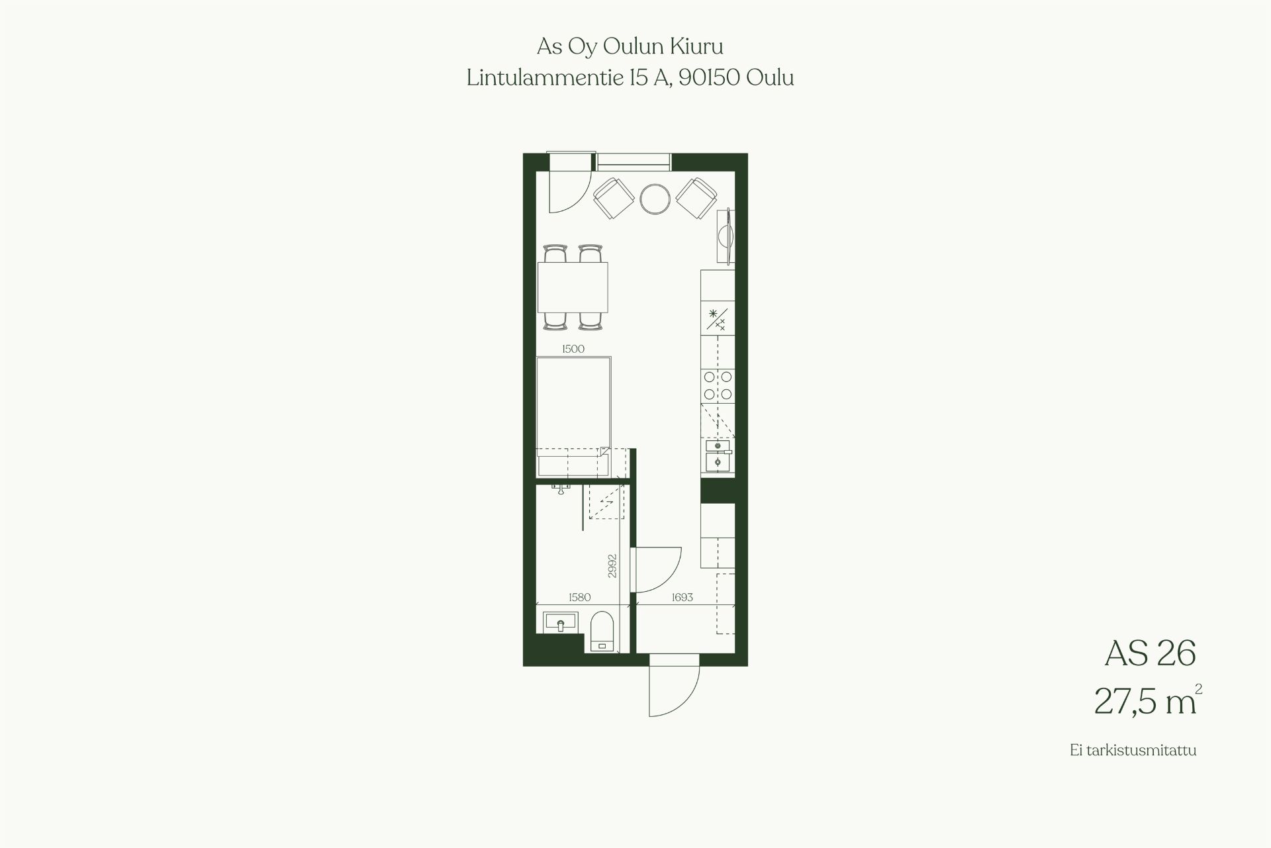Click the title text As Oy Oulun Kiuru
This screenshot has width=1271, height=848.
pos(630,47)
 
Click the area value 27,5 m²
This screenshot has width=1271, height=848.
pos(1147,701)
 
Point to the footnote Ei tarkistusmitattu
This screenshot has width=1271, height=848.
pos(1133,751)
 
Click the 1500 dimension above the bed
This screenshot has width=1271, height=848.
pos(573,349)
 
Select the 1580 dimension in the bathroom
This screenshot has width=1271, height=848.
pos(579,597)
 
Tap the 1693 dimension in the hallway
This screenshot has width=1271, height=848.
pos(682,597)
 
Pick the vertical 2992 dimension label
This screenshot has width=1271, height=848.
pos(612,566)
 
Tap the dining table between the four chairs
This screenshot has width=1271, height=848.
pos(573,287)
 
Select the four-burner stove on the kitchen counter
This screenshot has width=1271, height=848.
pos(718,386)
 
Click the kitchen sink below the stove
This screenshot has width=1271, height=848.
pos(718,455)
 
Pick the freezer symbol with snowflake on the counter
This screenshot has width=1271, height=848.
pos(718,319)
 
